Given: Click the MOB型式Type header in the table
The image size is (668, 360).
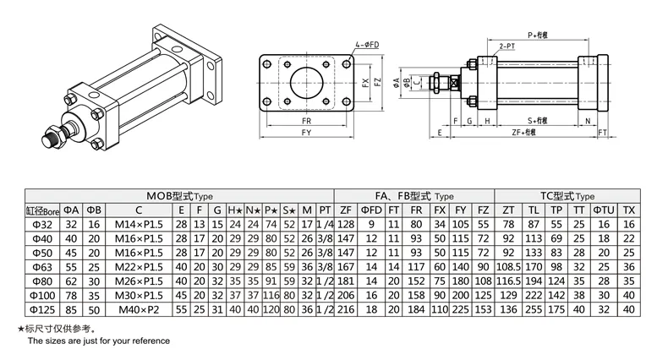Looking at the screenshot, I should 178,195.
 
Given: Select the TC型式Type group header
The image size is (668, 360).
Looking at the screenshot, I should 567,195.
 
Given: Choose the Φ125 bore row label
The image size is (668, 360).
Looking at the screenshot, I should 41,311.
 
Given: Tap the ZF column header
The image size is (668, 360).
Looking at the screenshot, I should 345,210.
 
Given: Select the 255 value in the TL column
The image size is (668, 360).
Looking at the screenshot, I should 534,311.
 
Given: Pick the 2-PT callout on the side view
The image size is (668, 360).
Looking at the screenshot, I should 509,44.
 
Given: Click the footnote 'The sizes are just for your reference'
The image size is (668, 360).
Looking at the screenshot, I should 100,341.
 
